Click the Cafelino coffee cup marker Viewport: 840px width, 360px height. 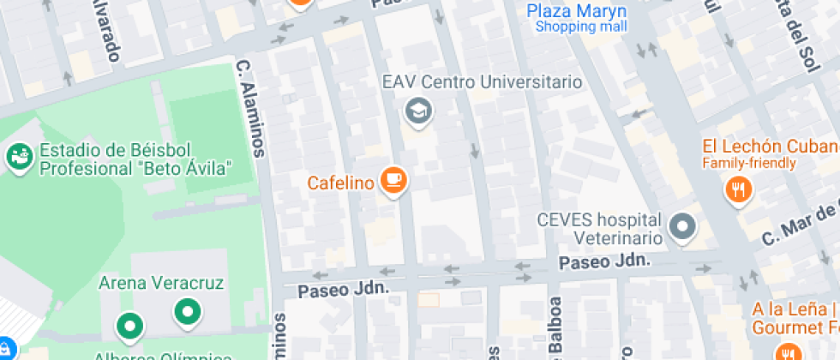pos(393,179)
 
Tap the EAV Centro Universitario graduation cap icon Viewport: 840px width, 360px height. pos(418,111)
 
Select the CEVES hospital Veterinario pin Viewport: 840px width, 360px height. pos(683,226)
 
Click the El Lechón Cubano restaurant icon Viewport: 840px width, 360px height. pos(737,189)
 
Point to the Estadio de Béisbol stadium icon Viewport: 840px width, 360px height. pos(18,157)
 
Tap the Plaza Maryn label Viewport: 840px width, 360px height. pos(576,11)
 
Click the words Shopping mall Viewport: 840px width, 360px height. pos(581,27)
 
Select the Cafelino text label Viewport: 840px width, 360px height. pos(340,182)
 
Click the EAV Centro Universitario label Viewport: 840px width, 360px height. pos(483,83)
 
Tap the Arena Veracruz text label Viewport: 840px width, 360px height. pos(162,282)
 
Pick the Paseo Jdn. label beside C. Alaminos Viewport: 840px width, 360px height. pos(344,290)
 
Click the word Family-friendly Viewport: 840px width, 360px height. pos(749,163)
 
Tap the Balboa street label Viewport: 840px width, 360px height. pos(555,326)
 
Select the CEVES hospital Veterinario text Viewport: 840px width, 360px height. pos(599,228)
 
